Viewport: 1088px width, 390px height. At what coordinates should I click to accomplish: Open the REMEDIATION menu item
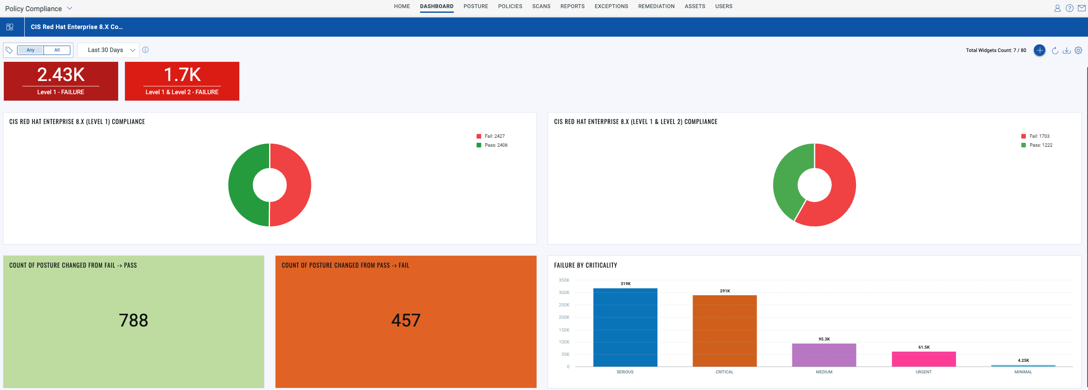[656, 6]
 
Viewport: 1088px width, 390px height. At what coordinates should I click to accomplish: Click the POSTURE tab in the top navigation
[476, 6]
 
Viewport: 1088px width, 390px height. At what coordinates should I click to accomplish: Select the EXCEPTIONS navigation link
[611, 6]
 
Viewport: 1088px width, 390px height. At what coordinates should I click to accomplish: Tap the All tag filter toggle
[57, 50]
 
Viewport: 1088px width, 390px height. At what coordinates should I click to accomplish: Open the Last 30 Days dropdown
[108, 50]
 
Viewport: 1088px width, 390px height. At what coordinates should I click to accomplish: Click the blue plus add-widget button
[1039, 50]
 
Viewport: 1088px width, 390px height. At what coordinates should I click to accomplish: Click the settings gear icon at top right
[1078, 50]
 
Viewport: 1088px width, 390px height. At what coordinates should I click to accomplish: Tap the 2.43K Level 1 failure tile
[61, 81]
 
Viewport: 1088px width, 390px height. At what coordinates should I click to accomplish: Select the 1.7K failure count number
[182, 75]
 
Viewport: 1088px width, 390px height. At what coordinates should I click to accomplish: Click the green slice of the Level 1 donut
[241, 185]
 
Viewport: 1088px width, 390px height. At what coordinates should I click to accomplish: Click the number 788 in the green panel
[133, 321]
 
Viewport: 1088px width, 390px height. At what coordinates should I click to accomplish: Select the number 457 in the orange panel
[406, 321]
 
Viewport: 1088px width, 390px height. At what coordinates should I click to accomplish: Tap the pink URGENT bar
[923, 359]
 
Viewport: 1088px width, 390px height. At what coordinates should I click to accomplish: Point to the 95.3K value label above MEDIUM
[824, 339]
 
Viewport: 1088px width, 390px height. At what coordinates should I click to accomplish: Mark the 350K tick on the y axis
[564, 280]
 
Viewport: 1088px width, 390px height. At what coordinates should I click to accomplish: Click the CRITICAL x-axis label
[724, 372]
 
